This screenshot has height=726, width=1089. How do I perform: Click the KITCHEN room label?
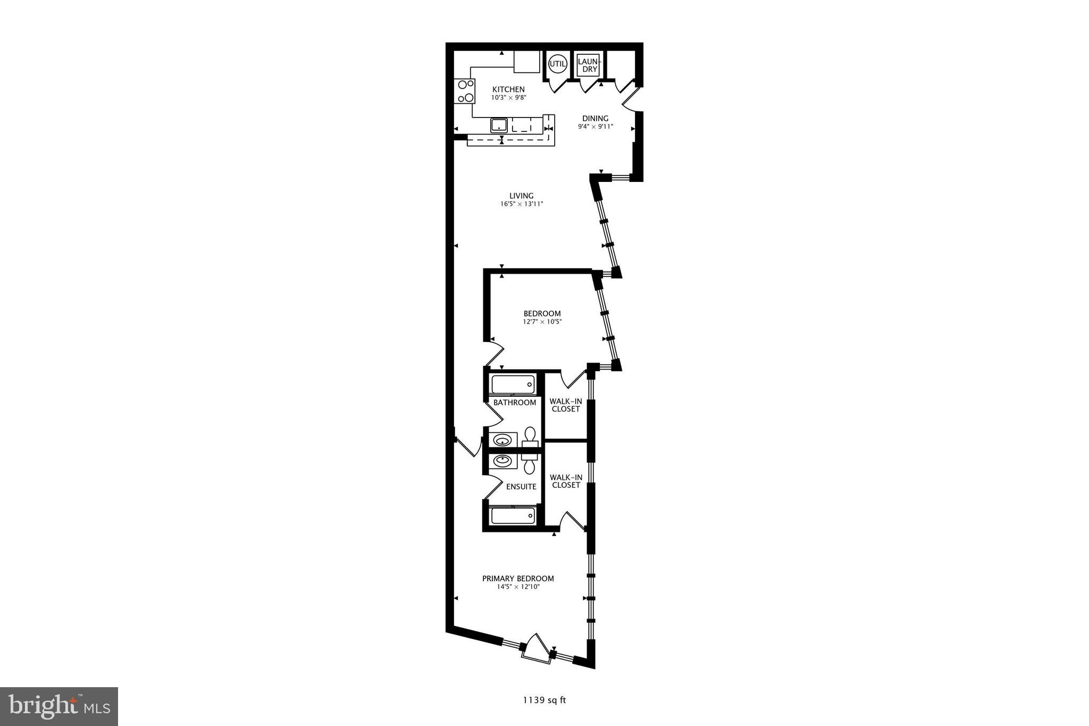click(508, 89)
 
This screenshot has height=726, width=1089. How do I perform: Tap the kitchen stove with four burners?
click(93, 91)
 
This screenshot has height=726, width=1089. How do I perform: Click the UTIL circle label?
click(558, 64)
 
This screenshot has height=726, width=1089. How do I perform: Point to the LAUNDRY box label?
click(589, 65)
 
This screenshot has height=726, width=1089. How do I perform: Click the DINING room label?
click(595, 119)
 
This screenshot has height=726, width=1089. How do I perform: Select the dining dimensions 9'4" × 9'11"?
click(596, 127)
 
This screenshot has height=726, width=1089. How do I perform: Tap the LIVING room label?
click(521, 196)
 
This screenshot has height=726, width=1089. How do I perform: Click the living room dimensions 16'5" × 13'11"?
click(521, 204)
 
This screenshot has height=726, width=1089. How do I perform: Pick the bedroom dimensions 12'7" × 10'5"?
click(542, 322)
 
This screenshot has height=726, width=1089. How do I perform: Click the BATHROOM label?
click(514, 403)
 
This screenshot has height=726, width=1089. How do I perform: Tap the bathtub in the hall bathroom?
click(513, 385)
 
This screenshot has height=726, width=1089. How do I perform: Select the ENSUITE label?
click(521, 487)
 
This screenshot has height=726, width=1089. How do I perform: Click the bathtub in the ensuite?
click(513, 515)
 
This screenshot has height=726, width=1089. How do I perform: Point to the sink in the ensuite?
click(502, 461)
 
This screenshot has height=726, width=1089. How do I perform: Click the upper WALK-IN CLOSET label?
click(566, 405)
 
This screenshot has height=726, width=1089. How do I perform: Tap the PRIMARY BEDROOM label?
click(518, 579)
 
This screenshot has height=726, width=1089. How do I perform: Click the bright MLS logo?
click(59, 706)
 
